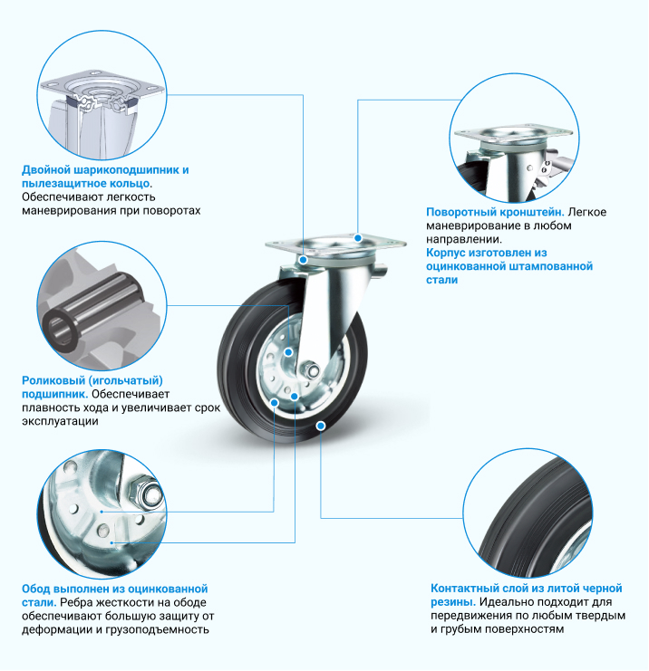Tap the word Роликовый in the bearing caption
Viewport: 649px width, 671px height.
pos(53,380)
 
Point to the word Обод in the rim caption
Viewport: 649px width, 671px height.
pos(36,590)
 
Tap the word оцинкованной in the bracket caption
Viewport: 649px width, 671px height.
pos(464,266)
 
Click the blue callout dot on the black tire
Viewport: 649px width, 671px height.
pos(321,426)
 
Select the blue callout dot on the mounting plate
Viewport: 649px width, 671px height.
pos(358,237)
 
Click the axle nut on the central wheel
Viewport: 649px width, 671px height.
pos(311,369)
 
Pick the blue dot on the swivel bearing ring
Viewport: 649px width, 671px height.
pos(304,260)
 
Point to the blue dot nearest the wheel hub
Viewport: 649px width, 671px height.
pos(289,352)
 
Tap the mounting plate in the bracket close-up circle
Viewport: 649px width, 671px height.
pos(513,134)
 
